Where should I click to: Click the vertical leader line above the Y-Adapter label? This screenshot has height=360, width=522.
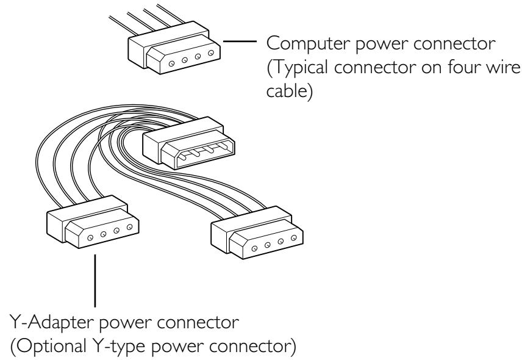coord(95,281)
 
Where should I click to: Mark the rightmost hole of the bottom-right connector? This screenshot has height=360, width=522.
coord(295,238)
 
